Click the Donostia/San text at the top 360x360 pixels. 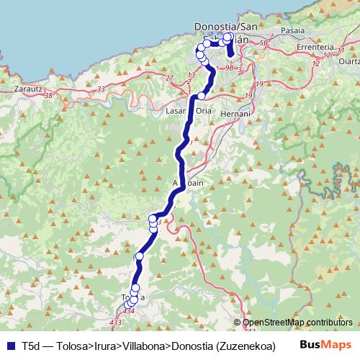click(x=226, y=27)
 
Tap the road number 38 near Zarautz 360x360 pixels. click(x=48, y=95)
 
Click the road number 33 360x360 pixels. click(x=101, y=89)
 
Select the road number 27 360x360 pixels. click(x=170, y=78)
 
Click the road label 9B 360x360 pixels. click(x=228, y=68)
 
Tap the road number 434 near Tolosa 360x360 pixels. click(x=128, y=311)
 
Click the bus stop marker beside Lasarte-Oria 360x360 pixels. click(x=202, y=96)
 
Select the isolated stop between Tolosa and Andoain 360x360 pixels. click(x=139, y=256)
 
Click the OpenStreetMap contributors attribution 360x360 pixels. click(x=297, y=323)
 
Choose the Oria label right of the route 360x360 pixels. click(x=204, y=112)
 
